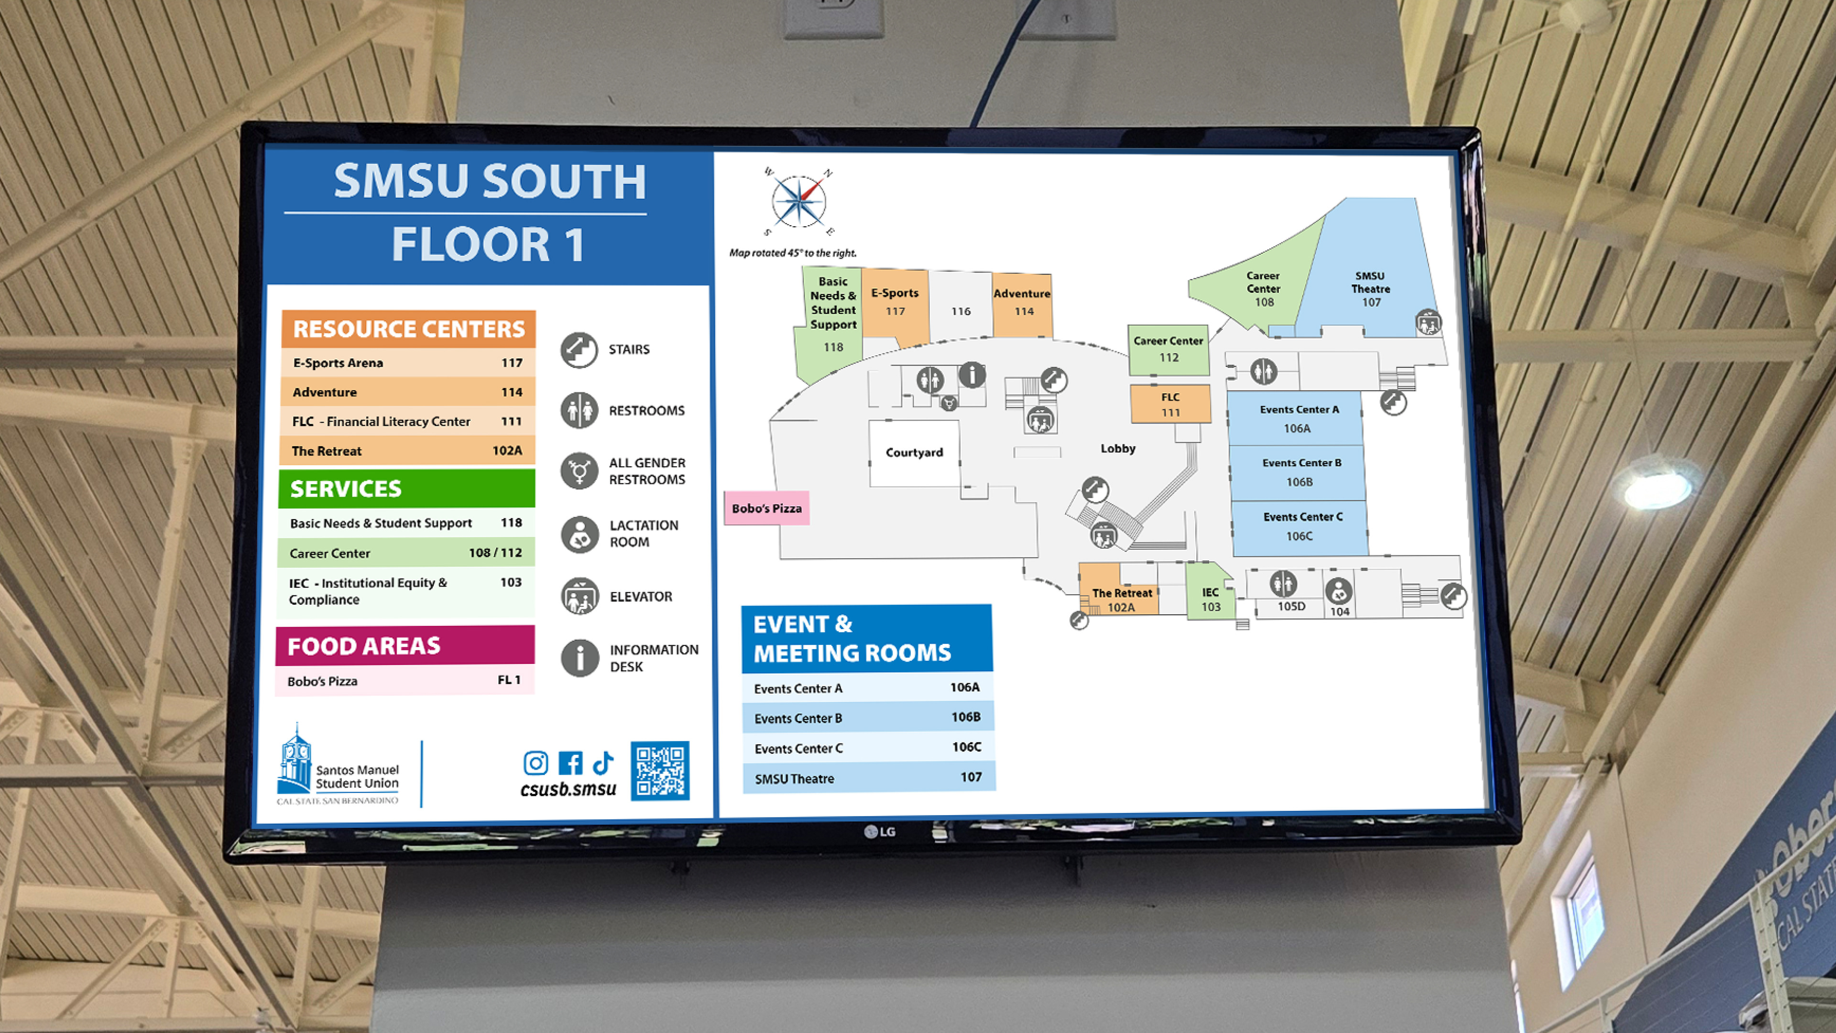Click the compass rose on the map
pyautogui.click(x=798, y=202)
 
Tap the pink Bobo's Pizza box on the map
pyautogui.click(x=766, y=508)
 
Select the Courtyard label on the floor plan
pyautogui.click(x=914, y=452)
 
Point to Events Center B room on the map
pyautogui.click(x=1300, y=472)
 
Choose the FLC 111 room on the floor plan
pyautogui.click(x=1170, y=404)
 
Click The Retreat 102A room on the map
pyautogui.click(x=1121, y=598)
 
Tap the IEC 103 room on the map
pyautogui.click(x=1210, y=598)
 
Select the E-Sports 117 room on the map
pyautogui.click(x=895, y=301)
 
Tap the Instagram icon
pyautogui.click(x=536, y=763)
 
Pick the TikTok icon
pyautogui.click(x=603, y=762)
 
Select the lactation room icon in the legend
pyautogui.click(x=579, y=533)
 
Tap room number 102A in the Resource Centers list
pyautogui.click(x=507, y=450)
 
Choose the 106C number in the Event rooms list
pyautogui.click(x=966, y=747)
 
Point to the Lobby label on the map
pyautogui.click(x=1117, y=448)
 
